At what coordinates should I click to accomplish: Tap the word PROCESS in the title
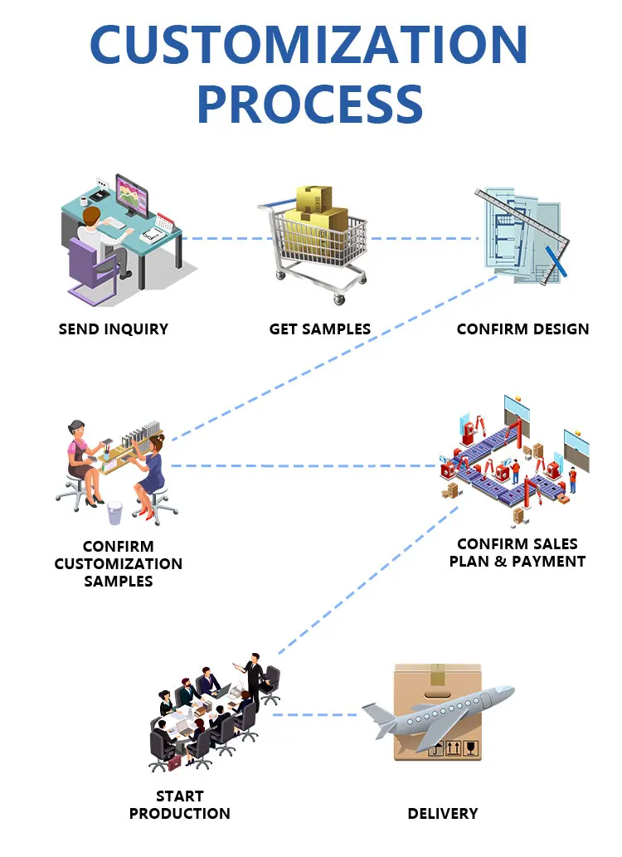click(x=310, y=103)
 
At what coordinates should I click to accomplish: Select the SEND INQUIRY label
click(x=114, y=329)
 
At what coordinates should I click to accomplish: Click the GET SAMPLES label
click(x=319, y=329)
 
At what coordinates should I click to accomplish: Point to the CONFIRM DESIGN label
click(x=522, y=329)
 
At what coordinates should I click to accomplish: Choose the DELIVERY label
click(x=443, y=813)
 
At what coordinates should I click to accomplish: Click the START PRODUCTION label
click(x=179, y=805)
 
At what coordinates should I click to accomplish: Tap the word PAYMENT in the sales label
click(x=548, y=562)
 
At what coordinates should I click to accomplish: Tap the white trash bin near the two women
click(x=115, y=513)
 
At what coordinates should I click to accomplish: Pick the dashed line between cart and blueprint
click(x=423, y=239)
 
